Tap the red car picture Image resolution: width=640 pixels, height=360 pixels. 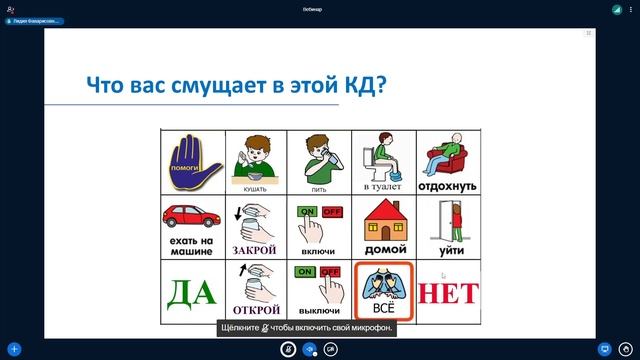coord(193,215)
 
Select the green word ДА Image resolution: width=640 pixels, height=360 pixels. coord(193,292)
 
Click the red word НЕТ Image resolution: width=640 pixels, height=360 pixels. coord(448,292)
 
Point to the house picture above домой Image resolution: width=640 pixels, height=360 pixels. coord(384,217)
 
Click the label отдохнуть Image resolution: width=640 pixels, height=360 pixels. coord(448,186)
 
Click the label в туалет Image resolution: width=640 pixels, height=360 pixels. coord(384,187)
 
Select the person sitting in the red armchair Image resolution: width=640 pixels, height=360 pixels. coord(447,156)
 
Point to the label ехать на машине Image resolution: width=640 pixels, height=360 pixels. coord(193,246)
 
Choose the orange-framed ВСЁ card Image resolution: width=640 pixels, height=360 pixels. coord(384,291)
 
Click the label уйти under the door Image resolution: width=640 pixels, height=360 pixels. coord(448,250)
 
